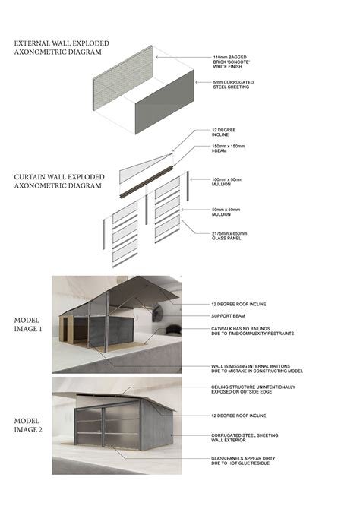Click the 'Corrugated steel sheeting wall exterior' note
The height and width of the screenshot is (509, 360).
coord(248,437)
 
